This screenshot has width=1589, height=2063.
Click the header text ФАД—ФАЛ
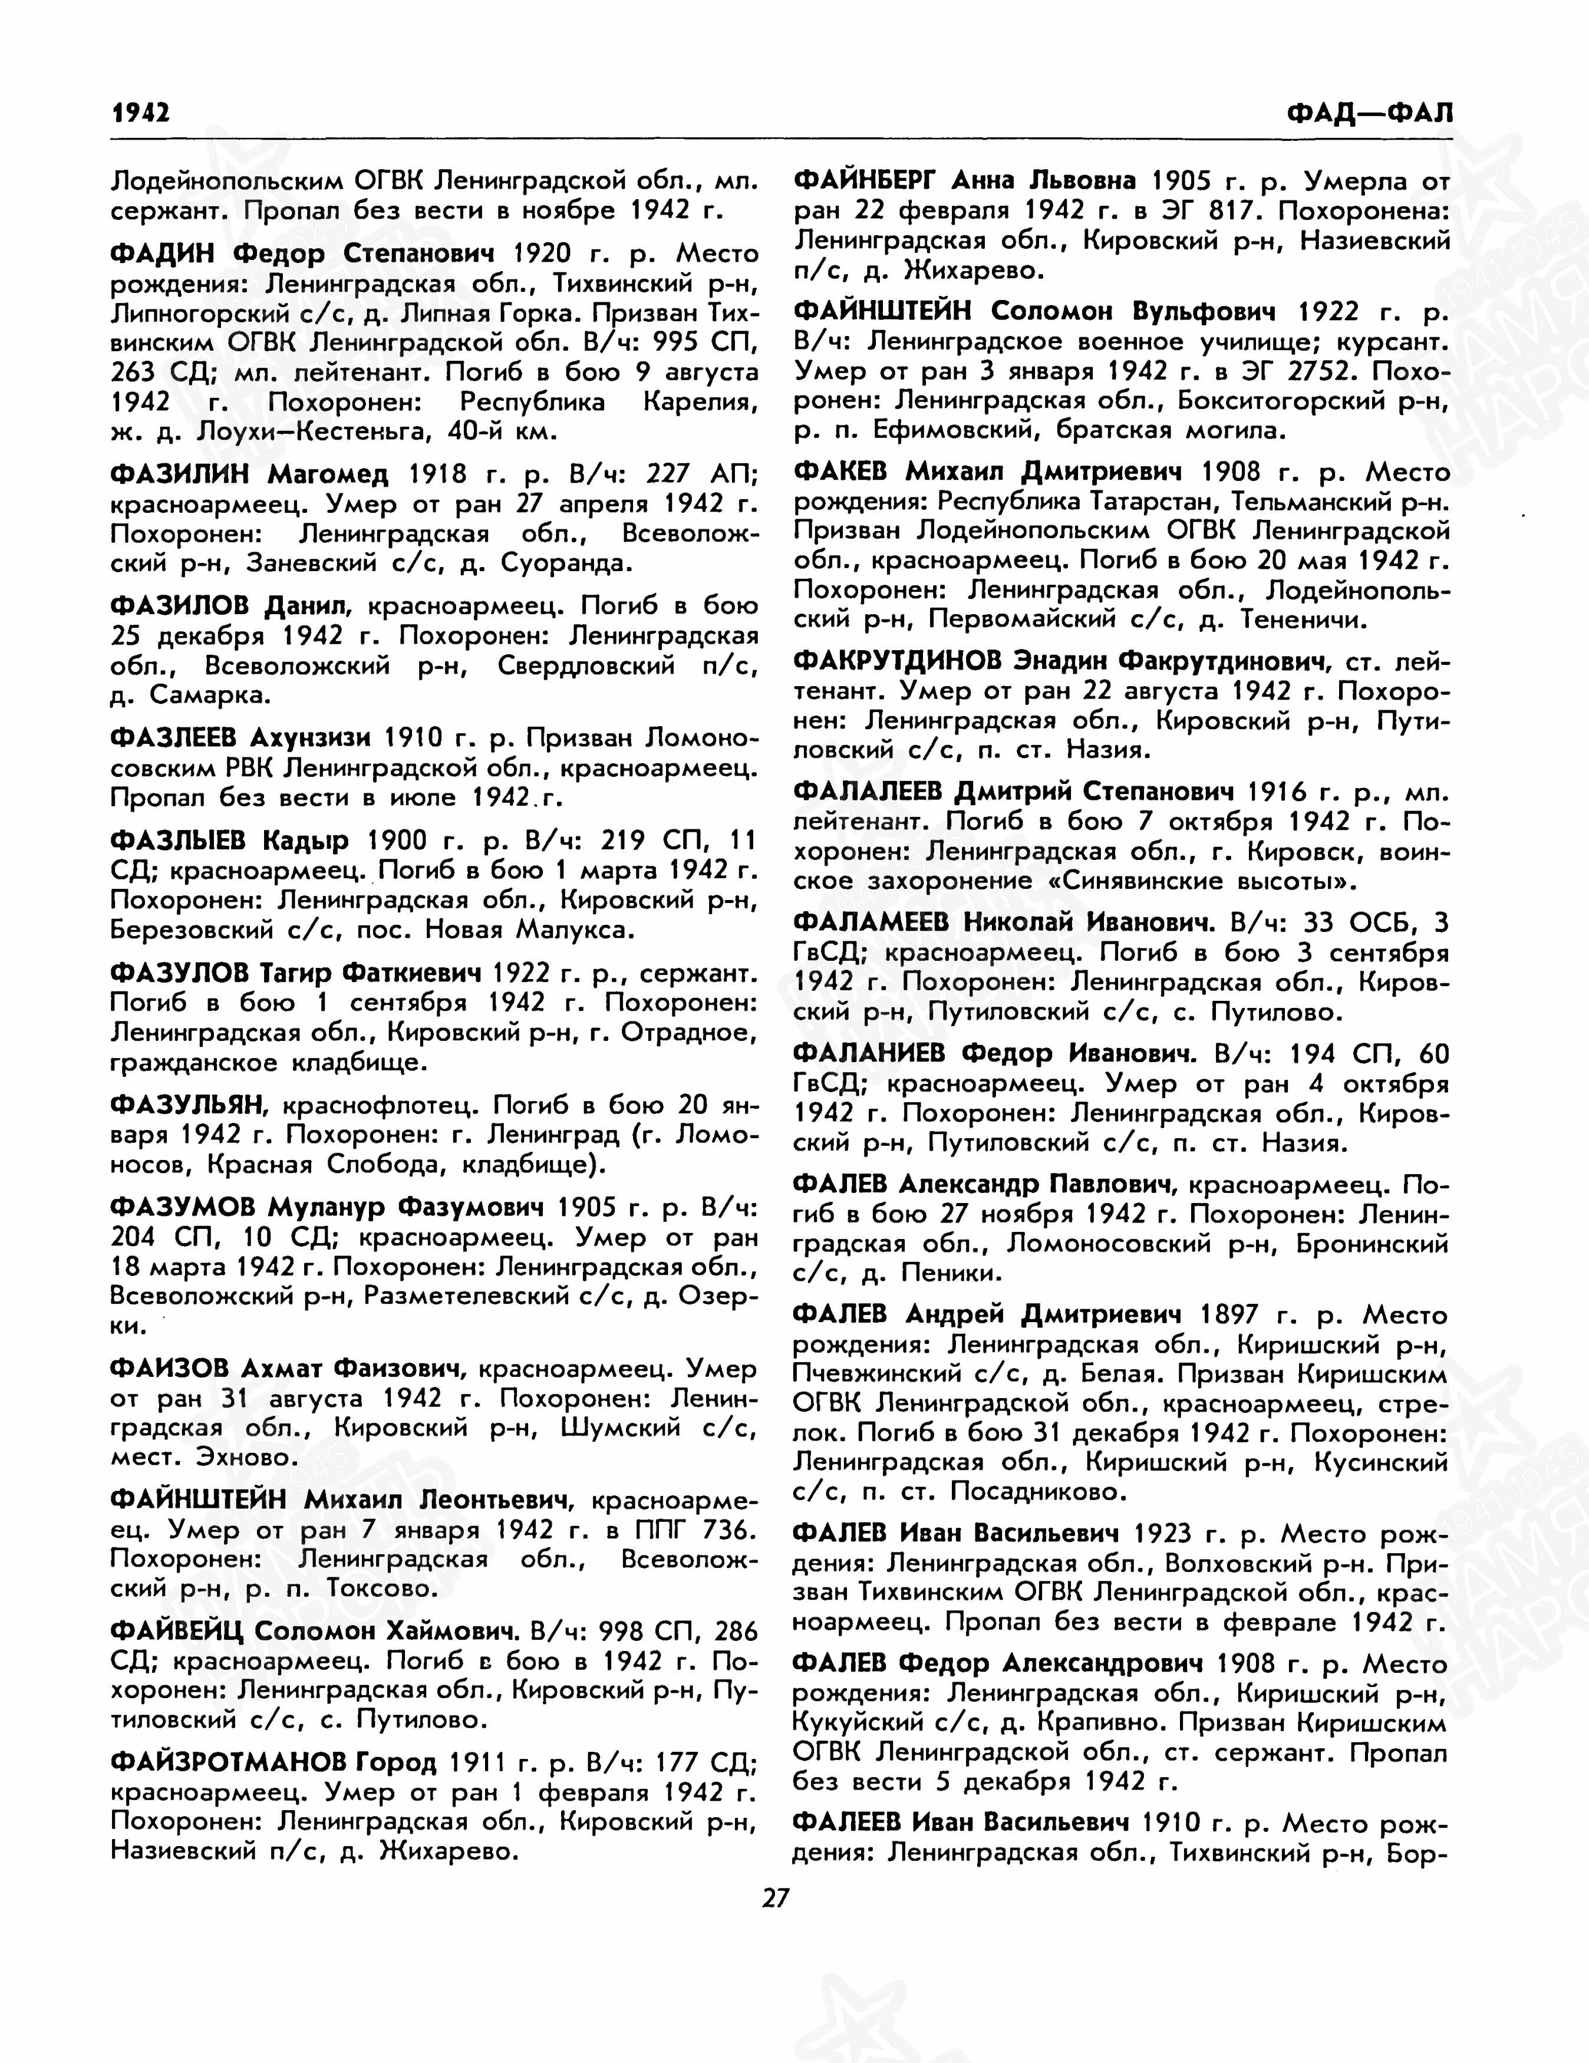point(1369,113)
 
